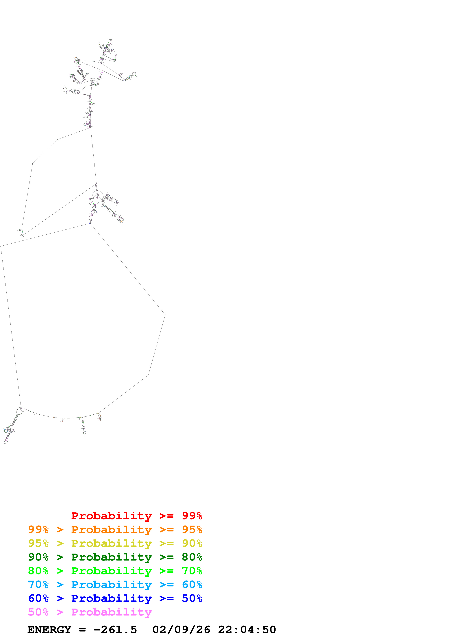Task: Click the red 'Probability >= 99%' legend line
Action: (x=136, y=516)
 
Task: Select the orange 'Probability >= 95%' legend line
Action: (x=115, y=530)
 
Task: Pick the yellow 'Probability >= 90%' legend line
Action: (x=115, y=543)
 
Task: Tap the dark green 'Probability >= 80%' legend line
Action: (x=115, y=557)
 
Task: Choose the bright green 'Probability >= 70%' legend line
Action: (x=115, y=571)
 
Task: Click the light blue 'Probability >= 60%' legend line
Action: (x=115, y=585)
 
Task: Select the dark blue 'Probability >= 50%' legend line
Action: (x=115, y=598)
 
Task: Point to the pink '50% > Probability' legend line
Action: (x=90, y=612)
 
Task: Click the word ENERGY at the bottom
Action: (x=49, y=630)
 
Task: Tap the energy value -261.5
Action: (x=115, y=630)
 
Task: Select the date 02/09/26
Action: (x=181, y=630)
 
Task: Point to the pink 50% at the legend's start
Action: (x=38, y=612)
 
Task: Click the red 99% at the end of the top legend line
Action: (x=192, y=516)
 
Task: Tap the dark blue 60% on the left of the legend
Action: (x=38, y=598)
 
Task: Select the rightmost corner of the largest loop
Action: (x=165, y=315)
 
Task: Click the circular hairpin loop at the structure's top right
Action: (x=134, y=74)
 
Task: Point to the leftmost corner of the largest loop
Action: (x=1, y=247)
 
